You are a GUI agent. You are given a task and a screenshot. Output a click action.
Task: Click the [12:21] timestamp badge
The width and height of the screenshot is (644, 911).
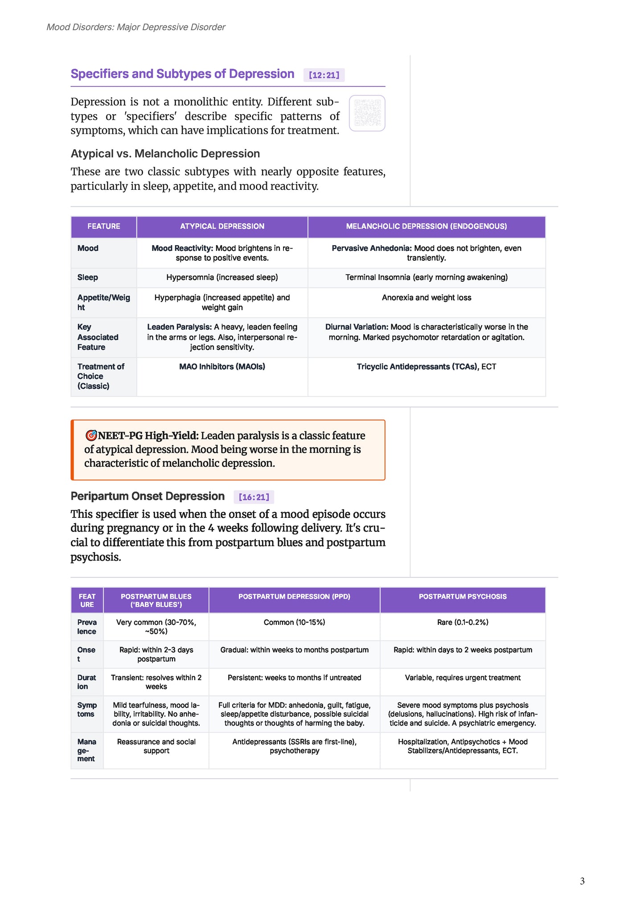pyautogui.click(x=324, y=75)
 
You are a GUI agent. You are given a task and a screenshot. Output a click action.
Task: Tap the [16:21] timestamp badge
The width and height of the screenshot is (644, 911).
pyautogui.click(x=254, y=497)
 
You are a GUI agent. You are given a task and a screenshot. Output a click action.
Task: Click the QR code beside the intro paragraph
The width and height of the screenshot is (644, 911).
pyautogui.click(x=367, y=113)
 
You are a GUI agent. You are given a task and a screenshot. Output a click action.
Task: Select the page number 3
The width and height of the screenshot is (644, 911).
pyautogui.click(x=582, y=881)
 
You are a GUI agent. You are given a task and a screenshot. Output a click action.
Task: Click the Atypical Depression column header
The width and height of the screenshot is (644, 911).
pyautogui.click(x=222, y=226)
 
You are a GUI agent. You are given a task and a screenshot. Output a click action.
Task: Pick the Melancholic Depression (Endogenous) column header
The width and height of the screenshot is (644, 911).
pyautogui.click(x=426, y=226)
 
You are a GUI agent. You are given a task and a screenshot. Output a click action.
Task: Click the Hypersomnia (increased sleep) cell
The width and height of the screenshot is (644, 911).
pyautogui.click(x=222, y=277)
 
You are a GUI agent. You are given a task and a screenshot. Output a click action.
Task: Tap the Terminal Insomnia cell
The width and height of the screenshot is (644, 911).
pyautogui.click(x=426, y=277)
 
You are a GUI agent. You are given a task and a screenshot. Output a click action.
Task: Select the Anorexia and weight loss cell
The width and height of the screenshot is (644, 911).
pyautogui.click(x=426, y=298)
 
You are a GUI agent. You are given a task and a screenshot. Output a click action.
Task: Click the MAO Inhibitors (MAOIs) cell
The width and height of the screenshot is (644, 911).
pyautogui.click(x=222, y=367)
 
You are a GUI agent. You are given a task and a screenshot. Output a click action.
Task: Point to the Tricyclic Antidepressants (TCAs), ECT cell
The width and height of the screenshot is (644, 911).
pyautogui.click(x=426, y=367)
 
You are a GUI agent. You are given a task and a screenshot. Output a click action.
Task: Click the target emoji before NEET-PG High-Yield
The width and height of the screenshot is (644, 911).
pyautogui.click(x=91, y=435)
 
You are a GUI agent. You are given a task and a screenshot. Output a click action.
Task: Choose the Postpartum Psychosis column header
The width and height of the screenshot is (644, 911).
pyautogui.click(x=462, y=596)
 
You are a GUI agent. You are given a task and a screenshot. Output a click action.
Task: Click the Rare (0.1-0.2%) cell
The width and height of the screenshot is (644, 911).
pyautogui.click(x=462, y=622)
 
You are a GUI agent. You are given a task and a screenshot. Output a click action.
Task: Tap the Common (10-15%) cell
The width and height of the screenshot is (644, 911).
pyautogui.click(x=294, y=622)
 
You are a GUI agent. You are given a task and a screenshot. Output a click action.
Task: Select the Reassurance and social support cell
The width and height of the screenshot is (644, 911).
pyautogui.click(x=156, y=746)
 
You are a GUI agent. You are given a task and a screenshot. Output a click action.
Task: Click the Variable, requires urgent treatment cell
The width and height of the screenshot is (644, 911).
pyautogui.click(x=462, y=677)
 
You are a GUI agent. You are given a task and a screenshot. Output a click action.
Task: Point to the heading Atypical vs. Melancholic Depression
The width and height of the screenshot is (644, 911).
pyautogui.click(x=165, y=154)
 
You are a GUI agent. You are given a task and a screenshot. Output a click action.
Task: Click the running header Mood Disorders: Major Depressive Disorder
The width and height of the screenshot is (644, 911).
pyautogui.click(x=136, y=27)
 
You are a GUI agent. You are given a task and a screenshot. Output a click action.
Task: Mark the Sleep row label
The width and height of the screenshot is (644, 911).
pyautogui.click(x=88, y=277)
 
